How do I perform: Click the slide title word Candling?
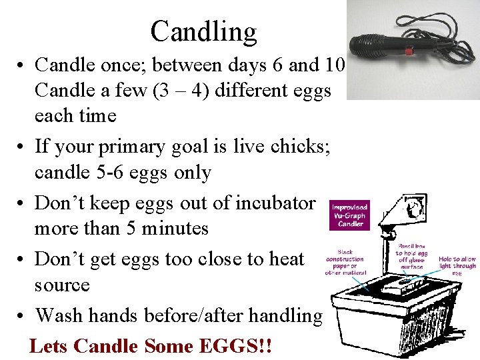pos(203,31)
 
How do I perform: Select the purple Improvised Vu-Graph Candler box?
pos(350,215)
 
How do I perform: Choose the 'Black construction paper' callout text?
pos(345,262)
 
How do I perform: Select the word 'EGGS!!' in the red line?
pos(236,347)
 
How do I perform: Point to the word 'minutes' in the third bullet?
pos(176,229)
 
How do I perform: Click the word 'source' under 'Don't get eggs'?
pos(62,285)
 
